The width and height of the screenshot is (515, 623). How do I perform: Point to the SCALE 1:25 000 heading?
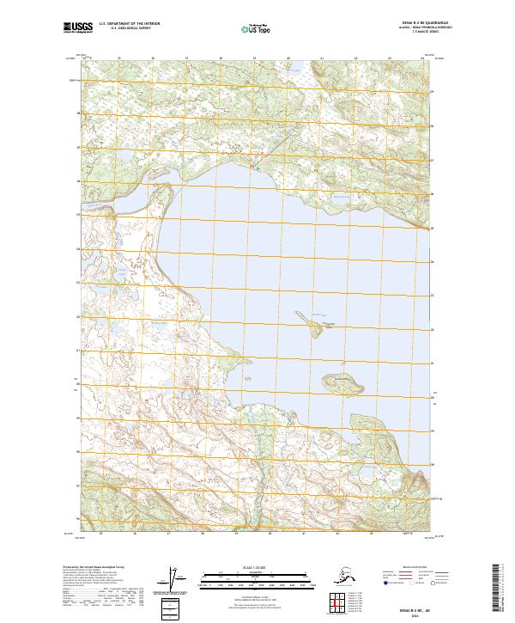coord(253,567)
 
